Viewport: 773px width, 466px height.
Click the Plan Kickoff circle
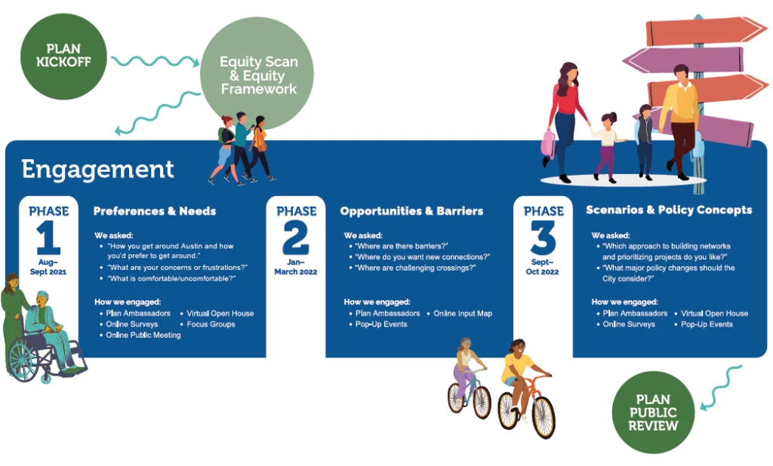coord(63,56)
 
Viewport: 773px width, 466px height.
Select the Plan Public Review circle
coord(653,412)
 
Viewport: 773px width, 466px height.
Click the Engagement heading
coord(97,169)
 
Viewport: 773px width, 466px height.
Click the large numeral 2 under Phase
coord(296,238)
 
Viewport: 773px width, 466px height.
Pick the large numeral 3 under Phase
coord(544,238)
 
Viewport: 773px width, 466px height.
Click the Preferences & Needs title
coord(155,211)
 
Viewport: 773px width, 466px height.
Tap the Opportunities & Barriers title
coord(411,211)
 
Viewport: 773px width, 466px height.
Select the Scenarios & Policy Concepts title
coord(669,210)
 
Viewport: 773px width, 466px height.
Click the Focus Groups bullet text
coord(211,324)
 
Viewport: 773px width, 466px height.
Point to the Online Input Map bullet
coord(463,313)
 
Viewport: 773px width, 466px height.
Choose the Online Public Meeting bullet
coord(143,335)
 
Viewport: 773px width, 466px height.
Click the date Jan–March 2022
coord(296,266)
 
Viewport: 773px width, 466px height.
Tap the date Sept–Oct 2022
coord(542,266)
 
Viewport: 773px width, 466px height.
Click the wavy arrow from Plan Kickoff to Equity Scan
coord(155,61)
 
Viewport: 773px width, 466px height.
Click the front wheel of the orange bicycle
coord(544,417)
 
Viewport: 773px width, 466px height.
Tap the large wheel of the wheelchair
coord(23,360)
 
